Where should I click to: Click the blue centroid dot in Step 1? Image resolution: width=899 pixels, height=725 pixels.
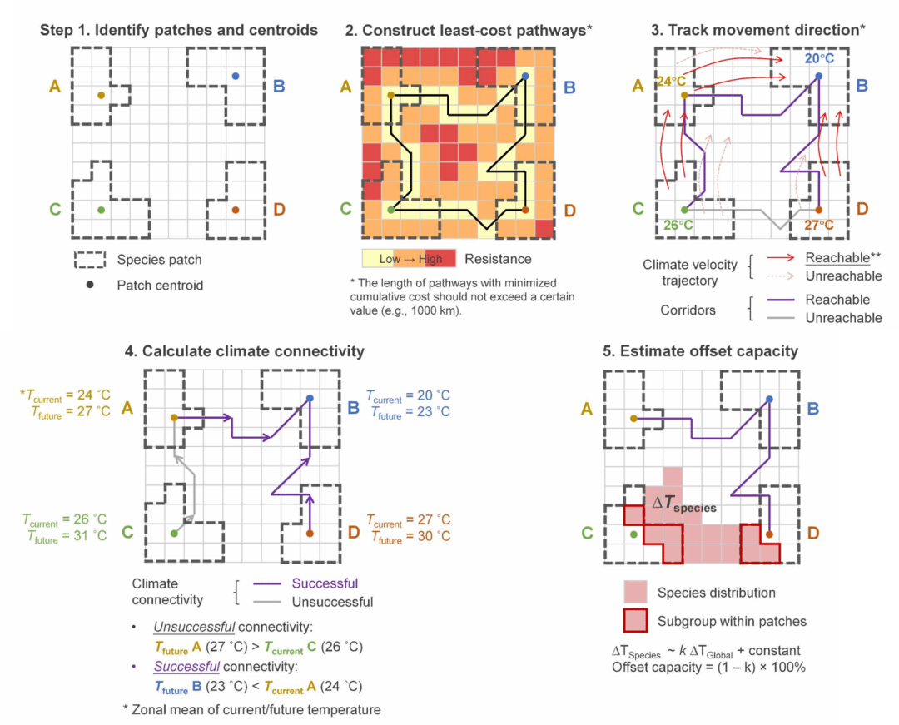(236, 77)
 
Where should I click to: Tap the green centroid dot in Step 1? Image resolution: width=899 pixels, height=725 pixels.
(101, 210)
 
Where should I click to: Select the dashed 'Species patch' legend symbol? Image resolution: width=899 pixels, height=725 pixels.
(89, 260)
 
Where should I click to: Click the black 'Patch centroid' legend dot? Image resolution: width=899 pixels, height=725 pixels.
(89, 286)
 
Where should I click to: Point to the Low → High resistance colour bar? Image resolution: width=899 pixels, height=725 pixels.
(410, 259)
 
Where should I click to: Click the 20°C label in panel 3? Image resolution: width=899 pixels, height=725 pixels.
(820, 59)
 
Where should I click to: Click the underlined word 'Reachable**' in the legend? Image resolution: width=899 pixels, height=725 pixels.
(841, 257)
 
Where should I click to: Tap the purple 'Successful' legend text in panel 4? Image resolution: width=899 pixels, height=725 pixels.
(325, 583)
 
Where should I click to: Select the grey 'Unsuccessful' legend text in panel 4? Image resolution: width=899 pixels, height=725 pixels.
(332, 602)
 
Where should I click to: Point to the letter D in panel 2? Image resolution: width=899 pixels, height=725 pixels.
(569, 210)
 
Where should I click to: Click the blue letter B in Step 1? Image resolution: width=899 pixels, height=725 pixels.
(279, 86)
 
